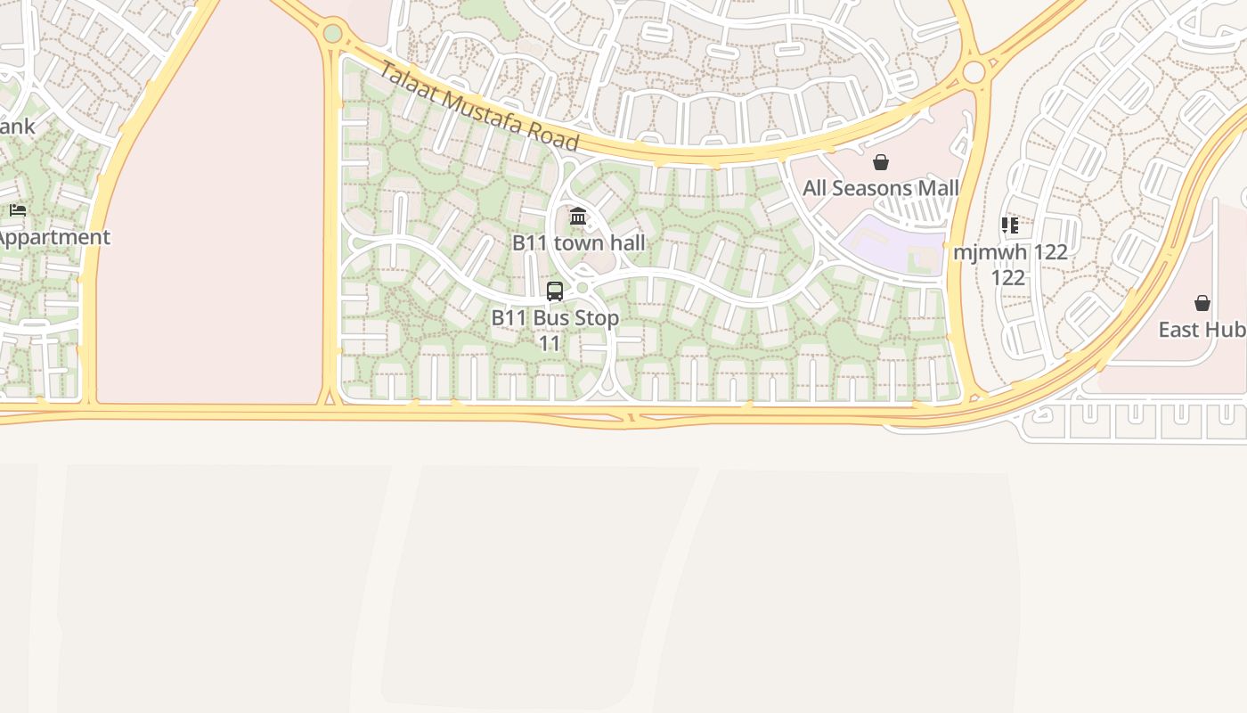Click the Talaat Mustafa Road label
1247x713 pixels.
click(x=478, y=106)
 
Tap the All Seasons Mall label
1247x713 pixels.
click(x=880, y=188)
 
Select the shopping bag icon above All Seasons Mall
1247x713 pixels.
click(x=881, y=162)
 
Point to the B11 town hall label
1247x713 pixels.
click(x=578, y=242)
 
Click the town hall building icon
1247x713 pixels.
click(x=578, y=217)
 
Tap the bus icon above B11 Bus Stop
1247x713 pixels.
click(x=554, y=291)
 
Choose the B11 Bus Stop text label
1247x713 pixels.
click(x=555, y=318)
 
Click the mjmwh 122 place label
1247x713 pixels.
click(x=1009, y=252)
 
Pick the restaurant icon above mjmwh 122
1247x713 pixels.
click(x=1009, y=225)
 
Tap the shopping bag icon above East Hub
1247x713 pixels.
click(x=1202, y=303)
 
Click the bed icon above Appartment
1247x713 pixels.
click(x=18, y=211)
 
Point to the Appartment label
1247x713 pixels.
click(x=53, y=237)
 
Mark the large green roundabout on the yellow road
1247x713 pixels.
click(x=332, y=34)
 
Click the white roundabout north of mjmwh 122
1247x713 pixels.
click(x=974, y=71)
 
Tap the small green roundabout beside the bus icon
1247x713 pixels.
click(x=583, y=288)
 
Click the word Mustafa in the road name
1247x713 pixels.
click(x=486, y=111)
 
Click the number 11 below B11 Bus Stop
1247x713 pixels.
click(x=550, y=343)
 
